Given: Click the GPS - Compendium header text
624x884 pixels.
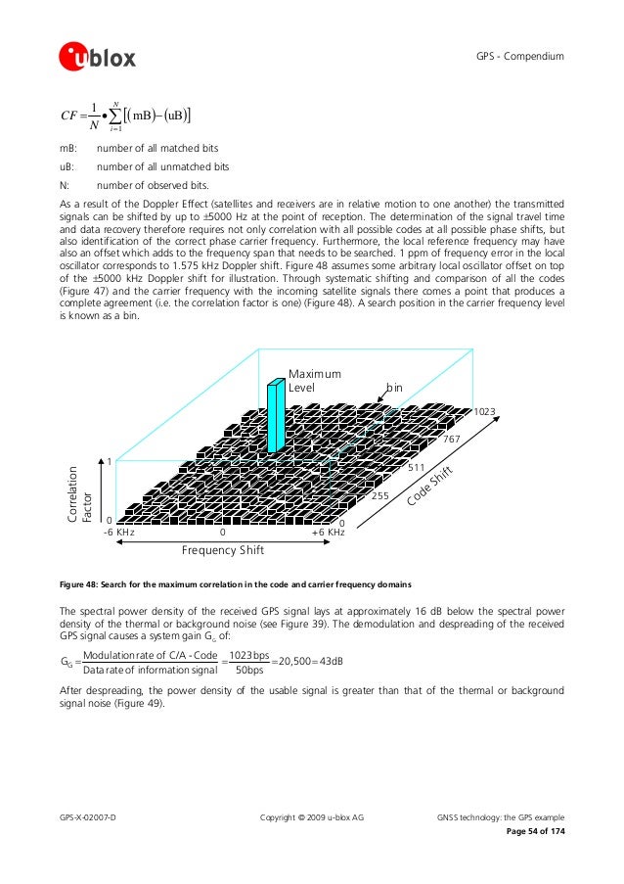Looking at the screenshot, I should click(x=520, y=58).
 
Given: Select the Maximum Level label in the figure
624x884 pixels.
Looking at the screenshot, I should click(x=315, y=381).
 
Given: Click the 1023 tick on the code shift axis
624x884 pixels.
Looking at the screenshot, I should click(x=484, y=412).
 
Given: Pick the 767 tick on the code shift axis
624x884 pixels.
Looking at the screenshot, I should click(x=452, y=441).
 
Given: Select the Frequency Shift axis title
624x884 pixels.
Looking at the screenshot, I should click(x=224, y=551).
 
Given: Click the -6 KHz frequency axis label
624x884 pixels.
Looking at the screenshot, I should click(x=118, y=533).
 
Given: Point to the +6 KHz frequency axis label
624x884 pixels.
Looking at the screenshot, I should click(x=328, y=533).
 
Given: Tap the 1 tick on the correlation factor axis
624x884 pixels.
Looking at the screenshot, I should click(x=109, y=462).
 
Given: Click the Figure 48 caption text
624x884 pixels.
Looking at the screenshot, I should click(x=236, y=584).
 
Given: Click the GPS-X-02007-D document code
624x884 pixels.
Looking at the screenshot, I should click(x=88, y=815).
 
